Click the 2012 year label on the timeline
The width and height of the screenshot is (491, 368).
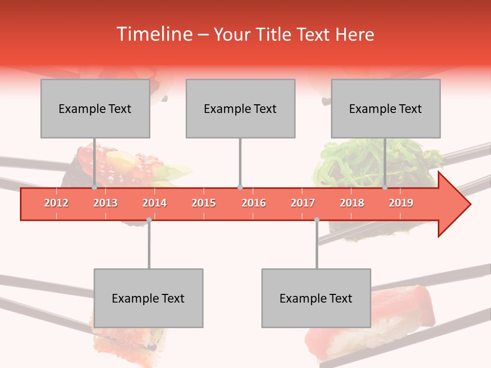(56, 203)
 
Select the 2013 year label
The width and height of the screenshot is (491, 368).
(105, 203)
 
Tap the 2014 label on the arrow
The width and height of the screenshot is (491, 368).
(154, 203)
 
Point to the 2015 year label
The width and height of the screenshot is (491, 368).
(204, 203)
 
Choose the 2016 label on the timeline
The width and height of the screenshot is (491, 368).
(254, 203)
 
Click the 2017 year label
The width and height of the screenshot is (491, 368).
(303, 203)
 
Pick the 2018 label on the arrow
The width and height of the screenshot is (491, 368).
(352, 203)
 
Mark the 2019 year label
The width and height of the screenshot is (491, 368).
(401, 203)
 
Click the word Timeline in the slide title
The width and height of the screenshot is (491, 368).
(153, 34)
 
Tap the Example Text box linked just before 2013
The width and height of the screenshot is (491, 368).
(95, 108)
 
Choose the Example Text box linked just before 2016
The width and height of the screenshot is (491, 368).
(240, 108)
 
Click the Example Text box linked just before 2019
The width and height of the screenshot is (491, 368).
(386, 108)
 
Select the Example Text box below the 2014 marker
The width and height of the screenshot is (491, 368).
(148, 298)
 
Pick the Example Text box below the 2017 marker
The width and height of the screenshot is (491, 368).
(316, 298)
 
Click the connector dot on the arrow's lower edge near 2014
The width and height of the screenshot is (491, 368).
(149, 220)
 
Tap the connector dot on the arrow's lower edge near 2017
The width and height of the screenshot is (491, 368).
(317, 220)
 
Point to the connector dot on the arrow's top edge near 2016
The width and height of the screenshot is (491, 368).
(240, 188)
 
